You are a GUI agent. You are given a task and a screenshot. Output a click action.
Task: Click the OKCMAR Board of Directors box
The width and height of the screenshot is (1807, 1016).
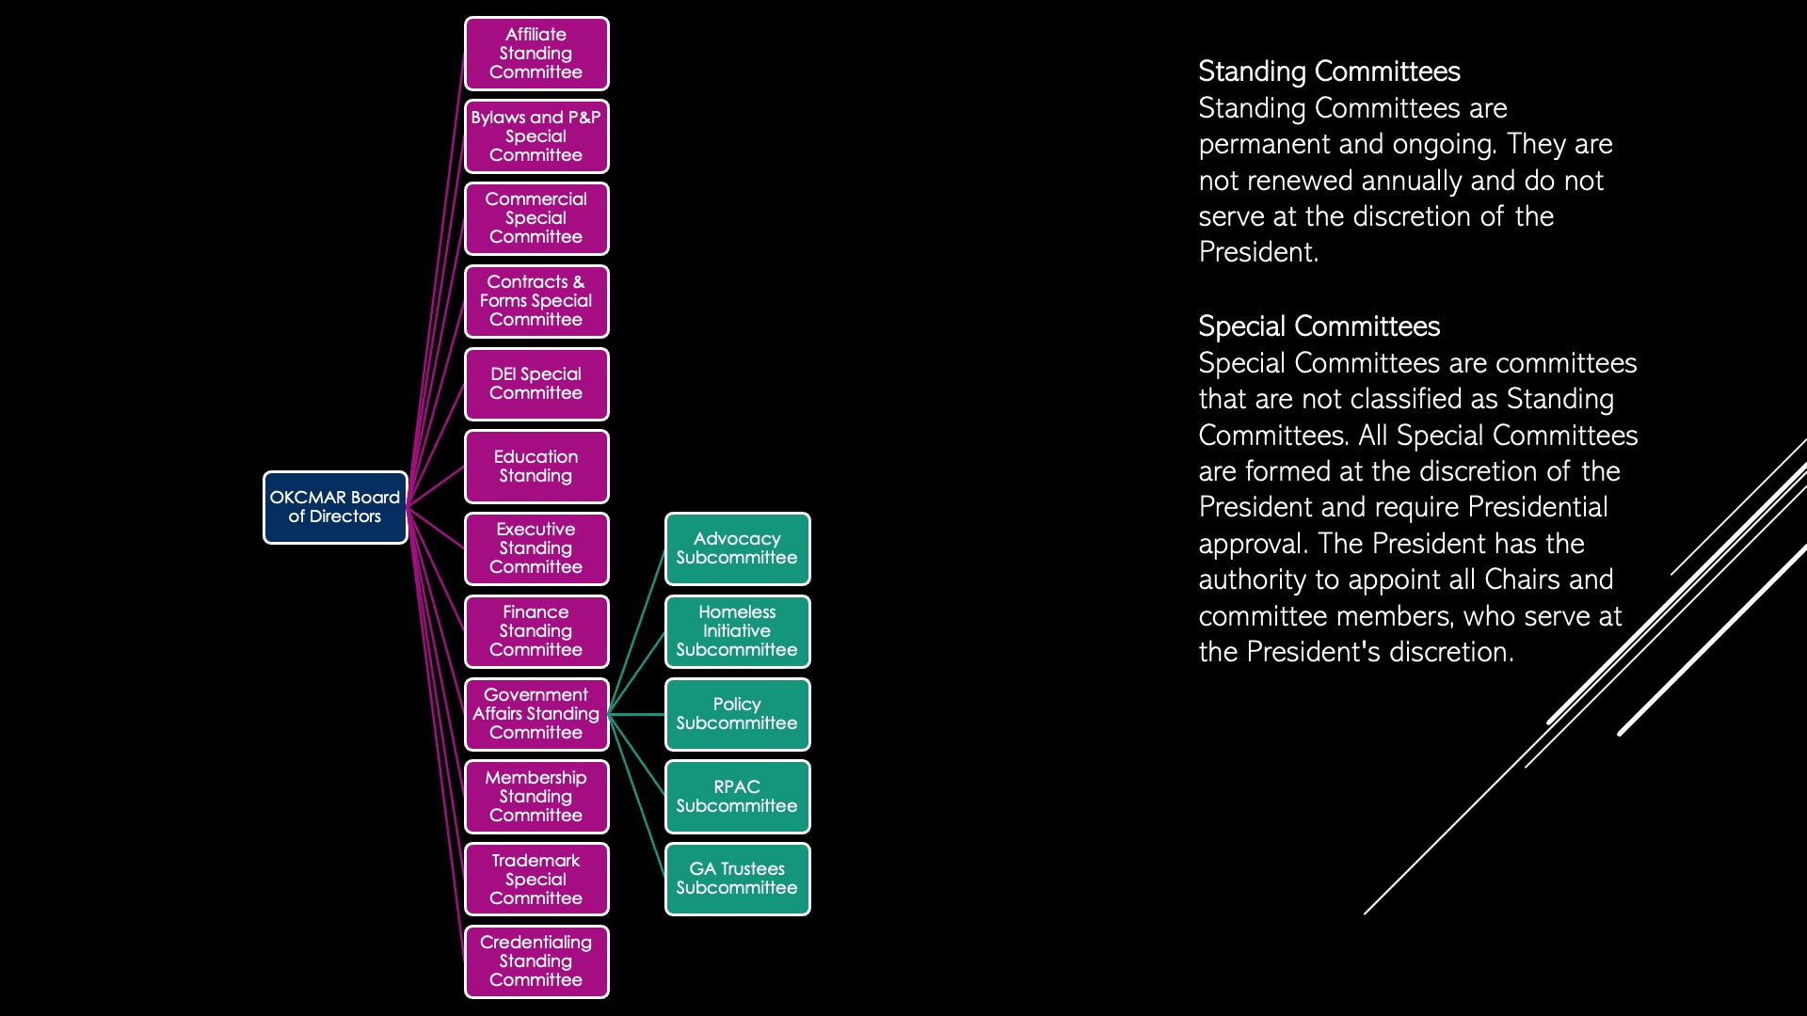pos(335,507)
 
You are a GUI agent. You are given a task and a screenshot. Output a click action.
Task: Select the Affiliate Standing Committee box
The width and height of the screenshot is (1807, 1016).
pos(536,54)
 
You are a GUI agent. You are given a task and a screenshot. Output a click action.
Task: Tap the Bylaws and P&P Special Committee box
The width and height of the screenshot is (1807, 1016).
pos(536,136)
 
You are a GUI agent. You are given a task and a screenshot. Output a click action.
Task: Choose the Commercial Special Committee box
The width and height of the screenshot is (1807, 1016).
pos(536,218)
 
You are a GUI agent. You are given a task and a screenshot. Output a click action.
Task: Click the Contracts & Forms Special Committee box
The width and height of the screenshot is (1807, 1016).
pos(536,301)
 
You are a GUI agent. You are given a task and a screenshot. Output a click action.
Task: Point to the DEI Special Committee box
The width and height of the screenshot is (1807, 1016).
pos(536,384)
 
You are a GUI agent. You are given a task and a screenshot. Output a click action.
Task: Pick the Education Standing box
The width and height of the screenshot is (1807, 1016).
pos(536,467)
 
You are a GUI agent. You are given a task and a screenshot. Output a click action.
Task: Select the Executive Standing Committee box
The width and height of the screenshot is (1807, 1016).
pos(536,548)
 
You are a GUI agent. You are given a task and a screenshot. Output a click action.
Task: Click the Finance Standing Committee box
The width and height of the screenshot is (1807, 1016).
pos(536,631)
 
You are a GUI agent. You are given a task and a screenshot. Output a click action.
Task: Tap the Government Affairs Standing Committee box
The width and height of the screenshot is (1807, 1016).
pos(536,714)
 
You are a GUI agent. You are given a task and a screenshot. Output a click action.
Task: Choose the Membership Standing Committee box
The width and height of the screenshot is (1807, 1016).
pos(536,797)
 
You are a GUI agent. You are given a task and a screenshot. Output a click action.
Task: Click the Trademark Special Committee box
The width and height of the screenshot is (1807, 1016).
pos(536,879)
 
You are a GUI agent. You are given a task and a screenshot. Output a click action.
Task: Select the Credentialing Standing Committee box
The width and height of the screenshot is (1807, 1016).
pos(536,961)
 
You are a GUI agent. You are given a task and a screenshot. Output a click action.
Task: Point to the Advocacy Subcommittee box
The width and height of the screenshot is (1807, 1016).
pos(738,548)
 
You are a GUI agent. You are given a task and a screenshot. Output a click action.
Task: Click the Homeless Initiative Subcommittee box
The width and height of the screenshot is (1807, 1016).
pos(738,631)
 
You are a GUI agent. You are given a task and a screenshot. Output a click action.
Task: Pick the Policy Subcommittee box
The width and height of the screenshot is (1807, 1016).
pos(738,714)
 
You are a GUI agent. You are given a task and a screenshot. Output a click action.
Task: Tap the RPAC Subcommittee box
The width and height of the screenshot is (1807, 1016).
pos(738,797)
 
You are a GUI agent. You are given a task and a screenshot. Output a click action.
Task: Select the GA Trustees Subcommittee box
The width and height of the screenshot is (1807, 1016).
pos(738,879)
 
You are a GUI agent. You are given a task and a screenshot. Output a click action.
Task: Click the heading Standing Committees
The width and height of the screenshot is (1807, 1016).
pos(1329,71)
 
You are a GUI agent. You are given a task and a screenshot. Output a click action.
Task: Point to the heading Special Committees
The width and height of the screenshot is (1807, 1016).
pos(1319,326)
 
